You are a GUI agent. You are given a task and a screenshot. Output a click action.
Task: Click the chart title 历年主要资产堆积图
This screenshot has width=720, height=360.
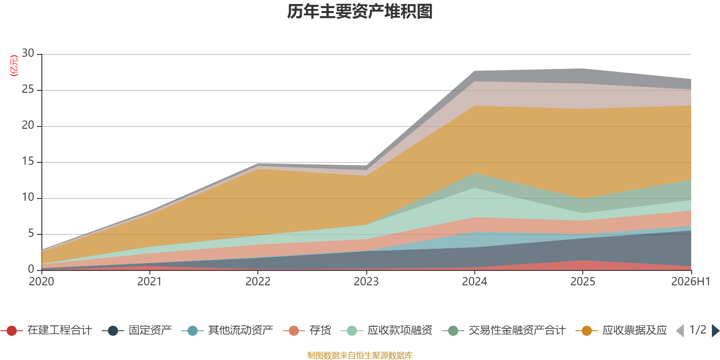tap(360, 12)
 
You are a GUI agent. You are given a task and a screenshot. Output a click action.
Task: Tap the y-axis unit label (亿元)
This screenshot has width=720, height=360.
tap(14, 66)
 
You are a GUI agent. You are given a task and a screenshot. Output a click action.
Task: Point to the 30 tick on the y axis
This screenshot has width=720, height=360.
tap(28, 53)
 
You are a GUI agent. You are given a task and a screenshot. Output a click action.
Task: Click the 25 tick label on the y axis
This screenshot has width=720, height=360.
tap(28, 89)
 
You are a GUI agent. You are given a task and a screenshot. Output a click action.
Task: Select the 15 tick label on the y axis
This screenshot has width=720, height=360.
tap(28, 161)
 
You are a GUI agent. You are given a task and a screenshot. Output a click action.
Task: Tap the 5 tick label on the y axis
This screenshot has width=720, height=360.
tap(31, 233)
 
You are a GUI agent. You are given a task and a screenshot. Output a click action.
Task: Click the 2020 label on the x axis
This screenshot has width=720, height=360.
tap(41, 282)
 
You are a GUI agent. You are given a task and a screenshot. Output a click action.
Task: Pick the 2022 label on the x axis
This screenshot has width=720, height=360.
tap(258, 282)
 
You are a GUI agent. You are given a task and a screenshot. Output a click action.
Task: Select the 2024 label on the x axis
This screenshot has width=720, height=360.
tap(474, 282)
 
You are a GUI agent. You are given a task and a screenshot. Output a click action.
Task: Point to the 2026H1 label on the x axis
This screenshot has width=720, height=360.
tap(690, 282)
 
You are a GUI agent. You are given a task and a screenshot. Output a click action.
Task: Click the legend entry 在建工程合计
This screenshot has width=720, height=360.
tap(46, 330)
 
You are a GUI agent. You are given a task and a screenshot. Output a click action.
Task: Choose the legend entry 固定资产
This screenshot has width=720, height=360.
tap(137, 330)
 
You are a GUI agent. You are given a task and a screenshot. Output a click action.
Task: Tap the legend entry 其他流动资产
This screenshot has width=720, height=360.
tap(227, 330)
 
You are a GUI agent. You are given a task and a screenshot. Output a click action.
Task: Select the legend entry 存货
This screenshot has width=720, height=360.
tap(307, 330)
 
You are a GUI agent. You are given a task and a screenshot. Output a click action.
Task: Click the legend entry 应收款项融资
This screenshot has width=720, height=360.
tap(387, 330)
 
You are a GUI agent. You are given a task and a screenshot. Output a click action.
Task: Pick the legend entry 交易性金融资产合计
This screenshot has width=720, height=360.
tap(504, 330)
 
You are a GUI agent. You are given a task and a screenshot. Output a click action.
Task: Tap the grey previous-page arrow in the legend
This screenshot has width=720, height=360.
tap(680, 331)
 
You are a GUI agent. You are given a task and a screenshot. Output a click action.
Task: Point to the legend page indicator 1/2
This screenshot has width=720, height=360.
tap(698, 330)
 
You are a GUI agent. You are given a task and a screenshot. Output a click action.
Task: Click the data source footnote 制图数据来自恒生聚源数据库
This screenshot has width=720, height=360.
tap(360, 355)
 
